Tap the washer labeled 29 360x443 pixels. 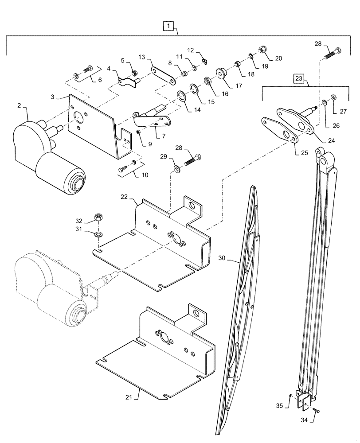178,169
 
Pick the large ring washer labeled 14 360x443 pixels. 181,96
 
